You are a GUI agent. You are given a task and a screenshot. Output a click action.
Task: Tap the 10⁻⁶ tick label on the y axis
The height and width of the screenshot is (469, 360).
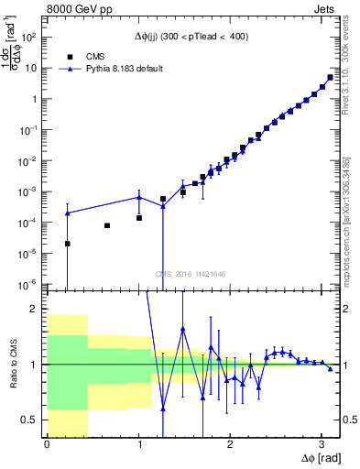click(30, 285)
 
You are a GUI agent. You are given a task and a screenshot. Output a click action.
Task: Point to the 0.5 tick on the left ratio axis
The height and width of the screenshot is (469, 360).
click(33, 420)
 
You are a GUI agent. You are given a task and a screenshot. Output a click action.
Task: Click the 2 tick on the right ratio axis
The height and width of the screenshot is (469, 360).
click(344, 310)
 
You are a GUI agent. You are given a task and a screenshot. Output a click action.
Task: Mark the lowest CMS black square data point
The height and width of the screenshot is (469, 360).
click(67, 244)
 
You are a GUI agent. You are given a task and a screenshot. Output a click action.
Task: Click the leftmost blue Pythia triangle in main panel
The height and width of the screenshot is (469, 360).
click(67, 213)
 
